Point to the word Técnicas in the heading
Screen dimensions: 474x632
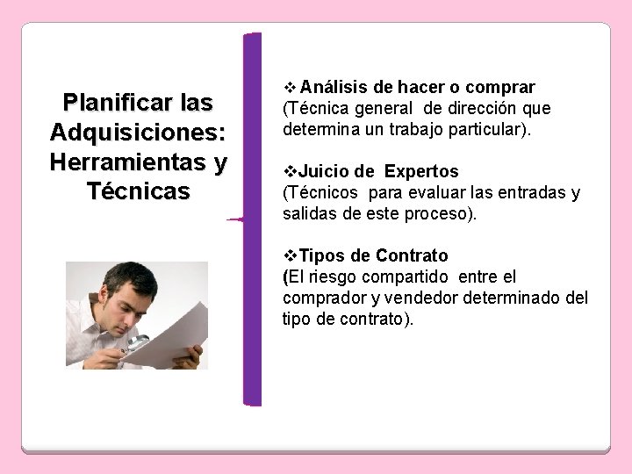139,191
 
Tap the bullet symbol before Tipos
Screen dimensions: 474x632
291,256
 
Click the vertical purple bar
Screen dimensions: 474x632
252,219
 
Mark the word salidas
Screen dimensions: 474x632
306,214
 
